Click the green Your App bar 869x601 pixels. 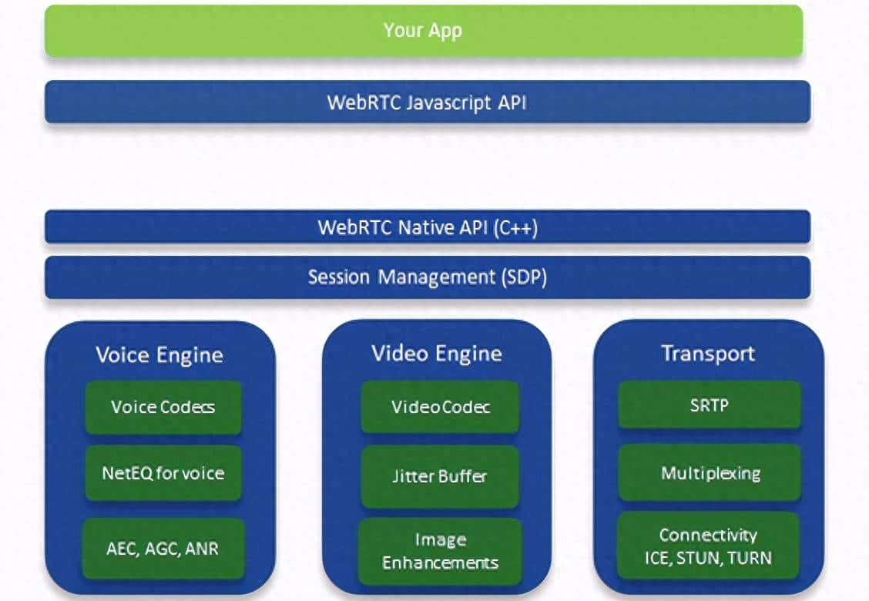[x=423, y=31]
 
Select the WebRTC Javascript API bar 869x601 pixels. [x=427, y=102]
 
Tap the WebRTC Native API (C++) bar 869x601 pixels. [x=427, y=227]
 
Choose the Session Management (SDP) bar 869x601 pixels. [x=427, y=277]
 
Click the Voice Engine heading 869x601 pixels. [x=159, y=354]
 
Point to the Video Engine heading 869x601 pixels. [x=437, y=354]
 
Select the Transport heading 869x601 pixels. [x=708, y=354]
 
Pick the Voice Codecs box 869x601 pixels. [x=163, y=407]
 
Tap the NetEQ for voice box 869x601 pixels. [x=163, y=472]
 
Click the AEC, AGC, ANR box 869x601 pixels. [x=163, y=548]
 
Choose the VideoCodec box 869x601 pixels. [x=441, y=406]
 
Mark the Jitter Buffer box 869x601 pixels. [x=440, y=476]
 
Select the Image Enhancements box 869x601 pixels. [x=440, y=551]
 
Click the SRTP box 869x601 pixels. [x=709, y=404]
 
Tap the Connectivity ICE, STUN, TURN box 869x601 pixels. [x=708, y=546]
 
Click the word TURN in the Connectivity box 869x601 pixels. [x=748, y=557]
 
